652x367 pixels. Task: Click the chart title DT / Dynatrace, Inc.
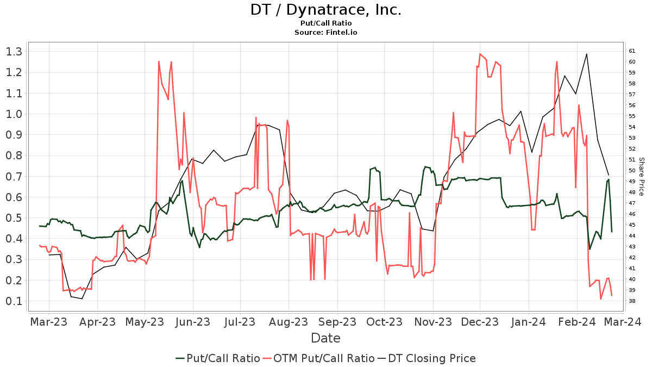[x=325, y=10]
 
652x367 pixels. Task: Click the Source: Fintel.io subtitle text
[x=325, y=32]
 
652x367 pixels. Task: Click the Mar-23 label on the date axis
[x=49, y=322]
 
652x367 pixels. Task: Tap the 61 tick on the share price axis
[x=632, y=51]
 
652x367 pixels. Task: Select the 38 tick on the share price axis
[x=632, y=301]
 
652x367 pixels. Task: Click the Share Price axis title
[x=641, y=176]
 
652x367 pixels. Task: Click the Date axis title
[x=325, y=338]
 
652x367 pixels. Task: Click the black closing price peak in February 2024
[x=587, y=54]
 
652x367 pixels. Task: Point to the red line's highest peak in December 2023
[x=480, y=54]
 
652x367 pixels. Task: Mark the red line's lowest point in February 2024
[x=600, y=299]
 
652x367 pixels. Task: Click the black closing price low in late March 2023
[x=82, y=298]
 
